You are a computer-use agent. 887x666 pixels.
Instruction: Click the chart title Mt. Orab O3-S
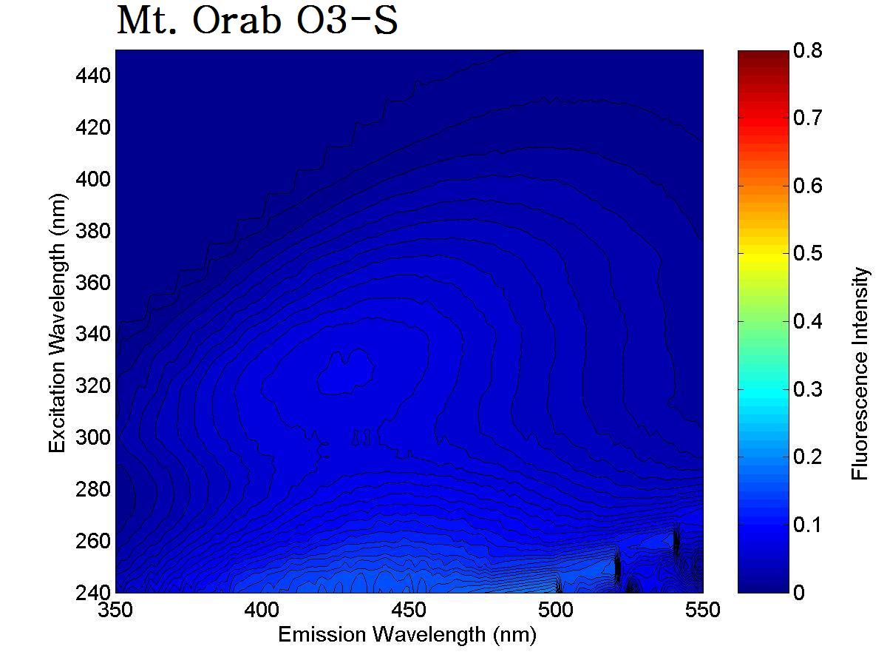click(257, 22)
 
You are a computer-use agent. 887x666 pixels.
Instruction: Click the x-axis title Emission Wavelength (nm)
click(407, 634)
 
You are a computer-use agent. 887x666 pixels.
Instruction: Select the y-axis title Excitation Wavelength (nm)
click(58, 323)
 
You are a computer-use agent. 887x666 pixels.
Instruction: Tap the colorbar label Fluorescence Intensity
click(860, 374)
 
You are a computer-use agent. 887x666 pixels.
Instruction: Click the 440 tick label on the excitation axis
click(93, 75)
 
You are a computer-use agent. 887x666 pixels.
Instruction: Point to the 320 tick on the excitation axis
click(93, 386)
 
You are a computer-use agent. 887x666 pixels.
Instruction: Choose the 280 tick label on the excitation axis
click(93, 489)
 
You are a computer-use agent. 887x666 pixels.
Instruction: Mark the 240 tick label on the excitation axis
click(93, 592)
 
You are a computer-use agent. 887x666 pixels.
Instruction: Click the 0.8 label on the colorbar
click(806, 50)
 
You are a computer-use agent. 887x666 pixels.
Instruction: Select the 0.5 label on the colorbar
click(806, 253)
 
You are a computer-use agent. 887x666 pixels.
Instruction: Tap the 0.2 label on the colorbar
click(806, 457)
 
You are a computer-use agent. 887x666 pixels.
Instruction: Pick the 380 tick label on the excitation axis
click(93, 231)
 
